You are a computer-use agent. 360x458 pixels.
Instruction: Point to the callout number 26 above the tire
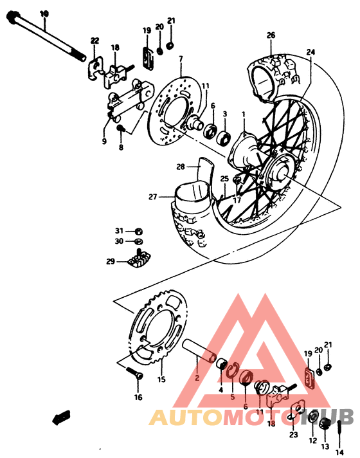pos(271,35)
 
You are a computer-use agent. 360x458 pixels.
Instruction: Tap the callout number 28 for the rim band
pos(181,167)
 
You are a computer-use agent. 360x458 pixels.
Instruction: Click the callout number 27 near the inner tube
pos(153,197)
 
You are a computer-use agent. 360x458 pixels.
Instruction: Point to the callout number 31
pos(119,231)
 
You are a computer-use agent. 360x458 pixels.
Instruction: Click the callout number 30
pos(119,241)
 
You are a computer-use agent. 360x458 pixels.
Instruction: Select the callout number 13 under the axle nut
pos(325,446)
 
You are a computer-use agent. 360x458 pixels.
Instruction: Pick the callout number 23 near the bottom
pos(294,435)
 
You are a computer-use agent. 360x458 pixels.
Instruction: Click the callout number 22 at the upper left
pos(94,41)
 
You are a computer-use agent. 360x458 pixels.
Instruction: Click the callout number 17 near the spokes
pos(237,200)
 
